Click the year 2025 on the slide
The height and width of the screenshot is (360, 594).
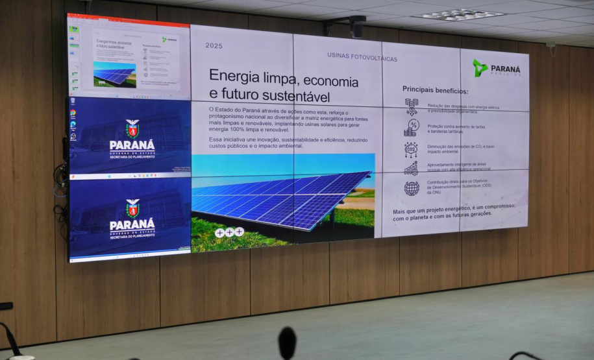pyautogui.click(x=214, y=45)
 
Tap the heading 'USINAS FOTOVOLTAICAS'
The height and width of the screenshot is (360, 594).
pyautogui.click(x=362, y=58)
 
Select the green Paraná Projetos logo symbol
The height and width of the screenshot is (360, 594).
pyautogui.click(x=480, y=67)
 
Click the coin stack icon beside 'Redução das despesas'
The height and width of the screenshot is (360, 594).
pyautogui.click(x=411, y=106)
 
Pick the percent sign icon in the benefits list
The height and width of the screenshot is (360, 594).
pyautogui.click(x=411, y=127)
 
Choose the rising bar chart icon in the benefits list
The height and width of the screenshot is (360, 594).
pyautogui.click(x=411, y=169)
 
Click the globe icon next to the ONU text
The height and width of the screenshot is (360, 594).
pyautogui.click(x=412, y=188)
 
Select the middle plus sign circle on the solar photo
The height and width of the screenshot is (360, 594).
pyautogui.click(x=229, y=232)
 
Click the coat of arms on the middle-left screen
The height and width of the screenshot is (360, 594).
pyautogui.click(x=132, y=128)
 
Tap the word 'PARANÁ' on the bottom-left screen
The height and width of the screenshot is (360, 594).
pyautogui.click(x=132, y=225)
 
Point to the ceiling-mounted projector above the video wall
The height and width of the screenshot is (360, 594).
pyautogui.click(x=356, y=26)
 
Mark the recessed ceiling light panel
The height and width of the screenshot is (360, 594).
pyautogui.click(x=458, y=14)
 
